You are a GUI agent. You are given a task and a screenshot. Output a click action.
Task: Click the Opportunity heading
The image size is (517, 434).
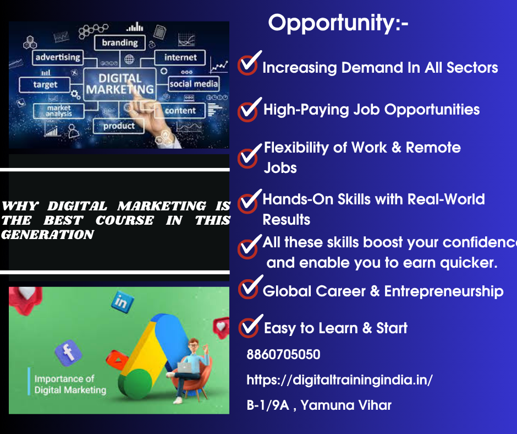coord(338,23)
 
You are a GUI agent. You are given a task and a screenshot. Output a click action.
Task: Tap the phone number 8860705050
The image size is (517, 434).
coord(283,354)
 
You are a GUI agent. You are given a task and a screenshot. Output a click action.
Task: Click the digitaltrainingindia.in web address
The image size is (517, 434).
coord(339,380)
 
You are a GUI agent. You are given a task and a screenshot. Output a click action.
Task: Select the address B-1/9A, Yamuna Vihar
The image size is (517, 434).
coord(319,405)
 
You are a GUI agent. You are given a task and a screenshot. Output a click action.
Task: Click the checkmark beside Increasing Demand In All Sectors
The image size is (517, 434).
coord(249,63)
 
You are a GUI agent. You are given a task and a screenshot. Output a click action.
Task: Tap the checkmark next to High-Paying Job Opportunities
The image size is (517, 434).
coord(249,110)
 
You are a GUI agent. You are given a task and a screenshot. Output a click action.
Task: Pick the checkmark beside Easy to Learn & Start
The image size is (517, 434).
coord(250,326)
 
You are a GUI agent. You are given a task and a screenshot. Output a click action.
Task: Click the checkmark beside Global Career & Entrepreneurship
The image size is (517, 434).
coord(250,287)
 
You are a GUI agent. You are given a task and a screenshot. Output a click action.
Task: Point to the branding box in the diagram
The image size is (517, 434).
coord(120,42)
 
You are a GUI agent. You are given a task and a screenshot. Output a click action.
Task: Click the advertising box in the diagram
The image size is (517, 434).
coord(58,57)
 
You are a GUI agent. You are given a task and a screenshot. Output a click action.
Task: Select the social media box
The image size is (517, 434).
coord(194,84)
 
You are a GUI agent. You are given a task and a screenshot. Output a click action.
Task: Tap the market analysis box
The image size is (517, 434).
coord(59,111)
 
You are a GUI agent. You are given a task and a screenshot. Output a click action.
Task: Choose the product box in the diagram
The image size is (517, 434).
coord(119,126)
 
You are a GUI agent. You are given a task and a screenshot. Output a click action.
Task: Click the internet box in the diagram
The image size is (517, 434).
coord(180,57)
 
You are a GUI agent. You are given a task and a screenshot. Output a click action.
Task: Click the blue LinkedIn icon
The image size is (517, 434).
coord(122,302)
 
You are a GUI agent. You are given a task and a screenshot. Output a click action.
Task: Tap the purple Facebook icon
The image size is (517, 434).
coord(68,352)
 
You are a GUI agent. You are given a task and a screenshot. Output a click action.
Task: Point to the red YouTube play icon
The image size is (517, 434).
coord(117,360)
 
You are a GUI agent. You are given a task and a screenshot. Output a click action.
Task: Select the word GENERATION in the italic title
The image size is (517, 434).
coord(47,235)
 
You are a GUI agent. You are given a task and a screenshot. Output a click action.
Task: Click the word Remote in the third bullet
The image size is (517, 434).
coord(433,148)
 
